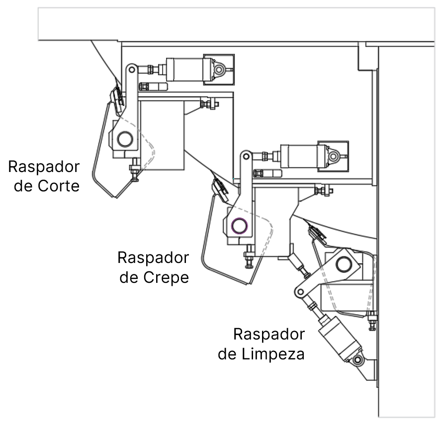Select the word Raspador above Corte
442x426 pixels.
click(x=44, y=166)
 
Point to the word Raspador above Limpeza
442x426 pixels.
click(x=269, y=334)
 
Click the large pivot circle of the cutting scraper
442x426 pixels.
click(x=125, y=139)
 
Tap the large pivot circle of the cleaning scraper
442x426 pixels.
click(x=344, y=264)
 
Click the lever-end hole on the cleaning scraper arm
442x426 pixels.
click(x=301, y=292)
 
